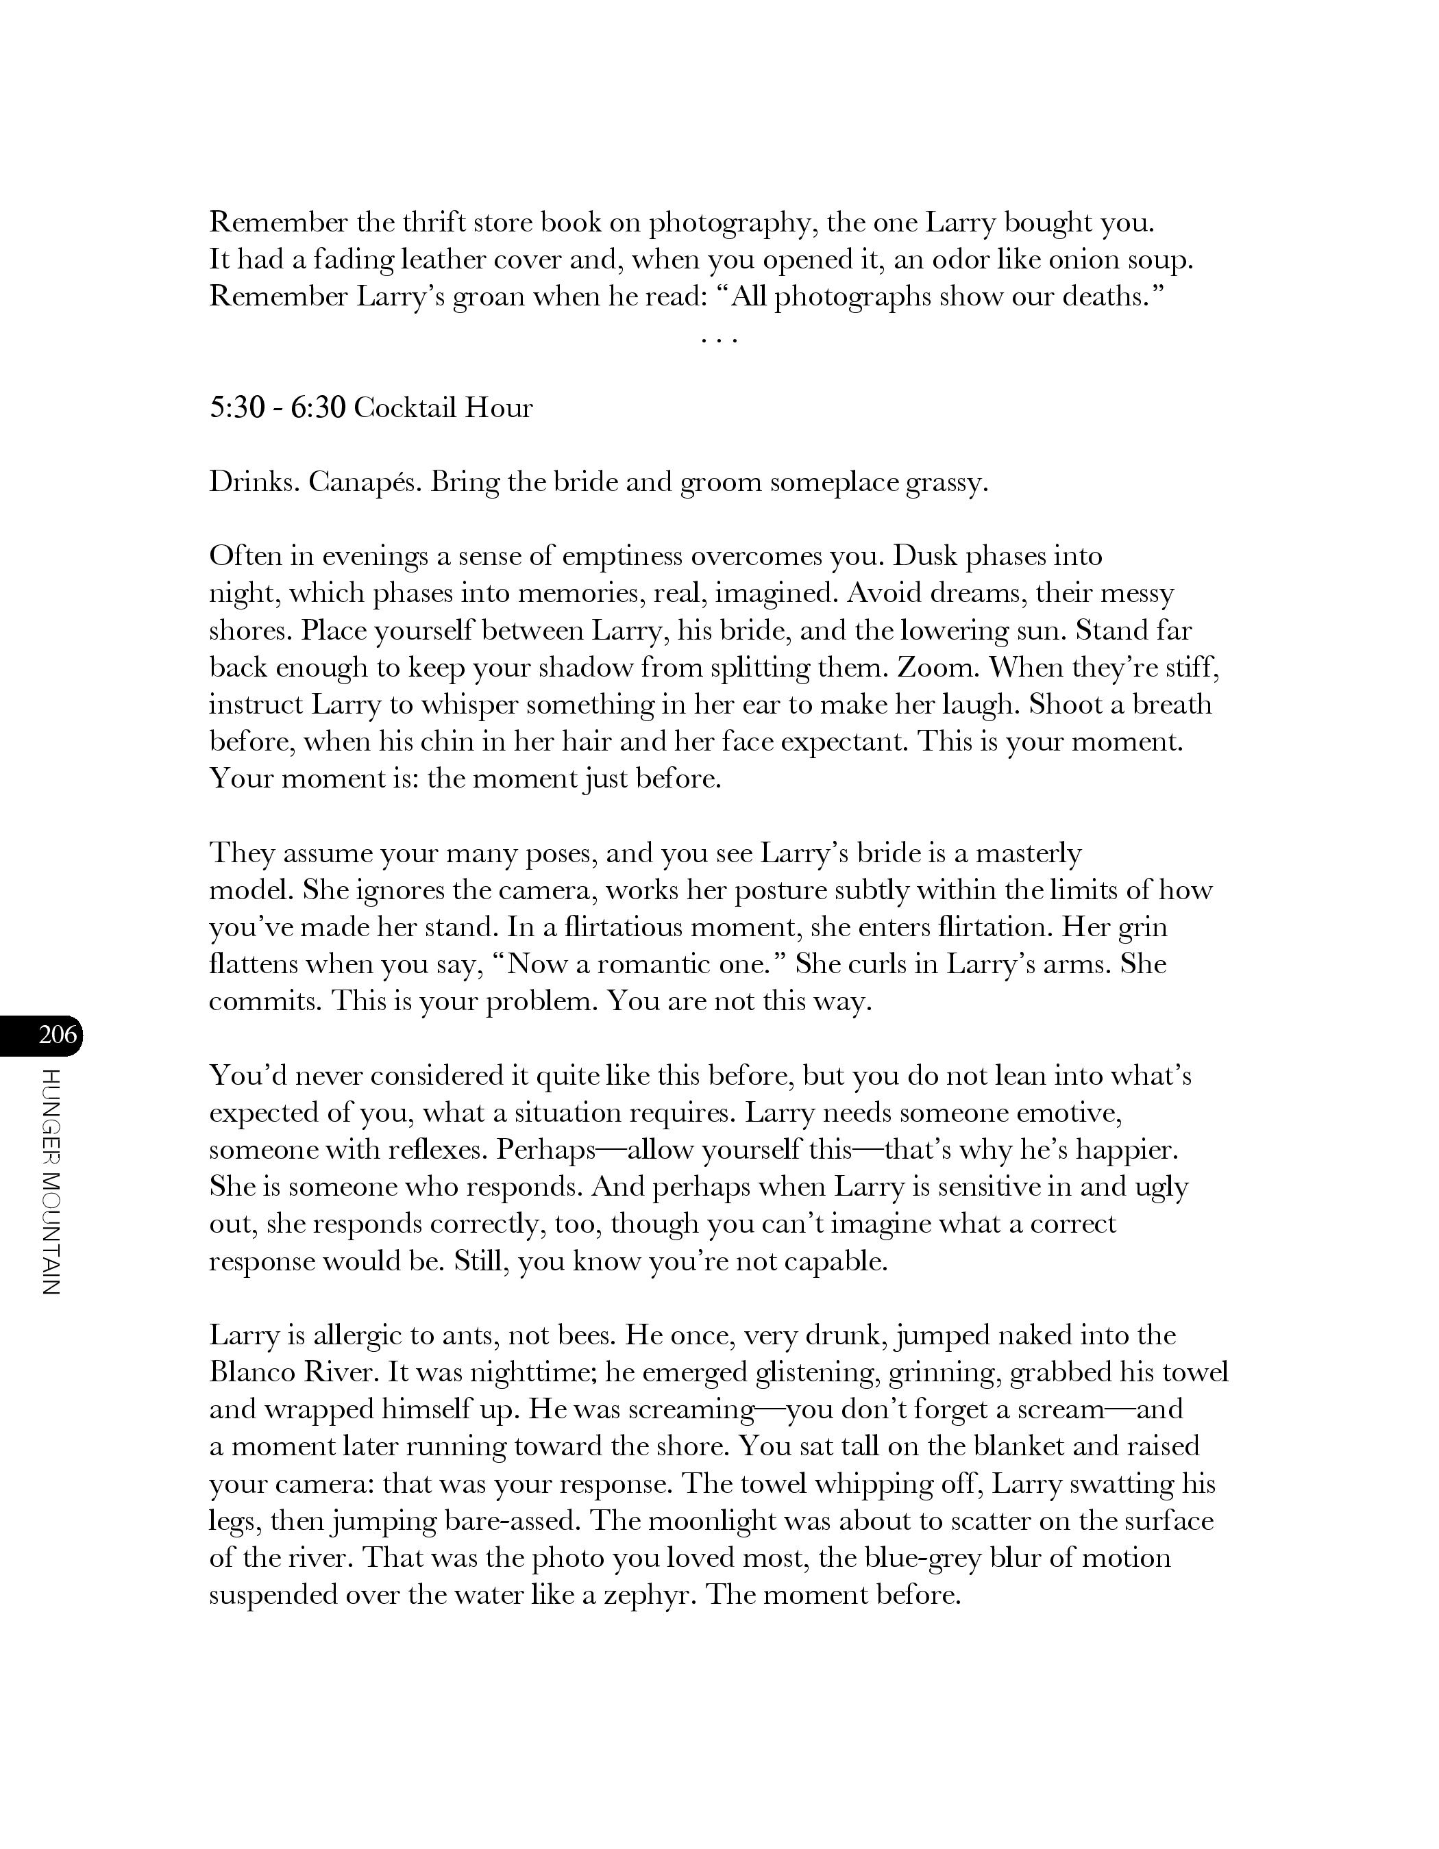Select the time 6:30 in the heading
(319, 408)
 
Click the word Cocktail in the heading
(402, 408)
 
